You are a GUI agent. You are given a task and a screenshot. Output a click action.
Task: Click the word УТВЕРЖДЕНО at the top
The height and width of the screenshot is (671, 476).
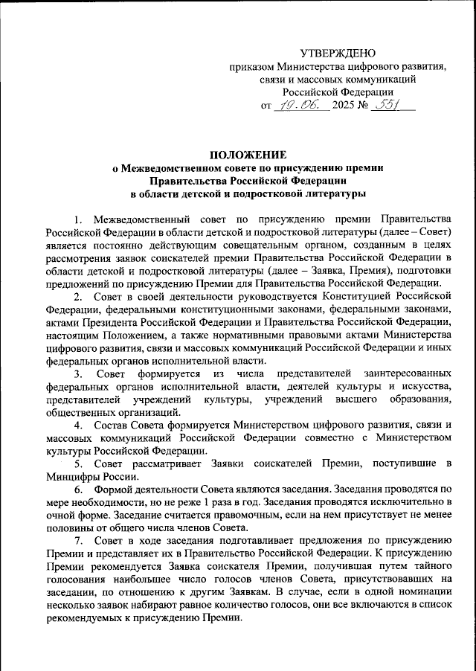tap(338, 53)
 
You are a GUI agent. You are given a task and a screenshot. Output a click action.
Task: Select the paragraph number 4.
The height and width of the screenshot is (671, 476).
tap(78, 425)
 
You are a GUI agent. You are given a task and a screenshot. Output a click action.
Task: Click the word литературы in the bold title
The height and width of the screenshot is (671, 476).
tap(333, 194)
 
